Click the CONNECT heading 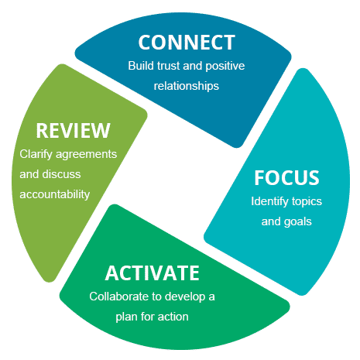[187, 43]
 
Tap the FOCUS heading [286, 177]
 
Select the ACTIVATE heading [153, 273]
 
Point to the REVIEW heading [74, 131]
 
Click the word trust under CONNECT [169, 66]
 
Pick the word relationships [187, 86]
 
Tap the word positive [225, 66]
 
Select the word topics [303, 202]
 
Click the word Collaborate [118, 297]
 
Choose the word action [173, 317]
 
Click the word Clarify [36, 154]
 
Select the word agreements [87, 155]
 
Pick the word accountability [55, 194]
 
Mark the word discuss [61, 174]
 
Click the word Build [141, 66]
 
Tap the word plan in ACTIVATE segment [126, 317]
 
